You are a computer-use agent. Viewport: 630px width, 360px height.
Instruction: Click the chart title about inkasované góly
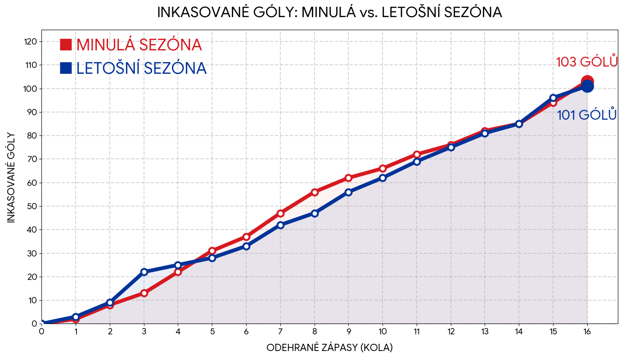point(329,13)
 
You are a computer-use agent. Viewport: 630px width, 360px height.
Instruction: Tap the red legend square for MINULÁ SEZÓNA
point(66,45)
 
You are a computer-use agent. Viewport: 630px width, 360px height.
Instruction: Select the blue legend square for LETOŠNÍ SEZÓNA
point(66,68)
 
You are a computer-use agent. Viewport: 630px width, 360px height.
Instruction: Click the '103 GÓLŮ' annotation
point(586,62)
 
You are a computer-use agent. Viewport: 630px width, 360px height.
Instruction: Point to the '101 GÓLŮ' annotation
point(586,115)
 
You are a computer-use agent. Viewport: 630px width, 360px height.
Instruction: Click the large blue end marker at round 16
point(587,86)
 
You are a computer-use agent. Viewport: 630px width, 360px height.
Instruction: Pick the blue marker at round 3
point(144,272)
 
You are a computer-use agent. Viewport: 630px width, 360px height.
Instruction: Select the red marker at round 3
point(144,293)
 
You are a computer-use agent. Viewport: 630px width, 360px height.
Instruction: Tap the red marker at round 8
point(315,192)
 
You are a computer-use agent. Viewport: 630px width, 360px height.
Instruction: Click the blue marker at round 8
point(315,213)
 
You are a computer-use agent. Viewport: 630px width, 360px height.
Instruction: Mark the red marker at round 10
point(382,168)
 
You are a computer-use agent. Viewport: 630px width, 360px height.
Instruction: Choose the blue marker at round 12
point(451,147)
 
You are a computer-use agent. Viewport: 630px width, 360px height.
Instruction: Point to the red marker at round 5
point(212,251)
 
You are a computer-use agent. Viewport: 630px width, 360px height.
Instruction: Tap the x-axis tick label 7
point(280,332)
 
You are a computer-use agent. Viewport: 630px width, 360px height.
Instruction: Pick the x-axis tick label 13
point(485,332)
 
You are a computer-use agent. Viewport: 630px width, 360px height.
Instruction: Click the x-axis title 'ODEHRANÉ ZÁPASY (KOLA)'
point(329,348)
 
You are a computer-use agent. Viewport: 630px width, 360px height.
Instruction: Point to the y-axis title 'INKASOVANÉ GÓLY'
point(11,177)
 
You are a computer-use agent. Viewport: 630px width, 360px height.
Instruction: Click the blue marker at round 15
point(553,98)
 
